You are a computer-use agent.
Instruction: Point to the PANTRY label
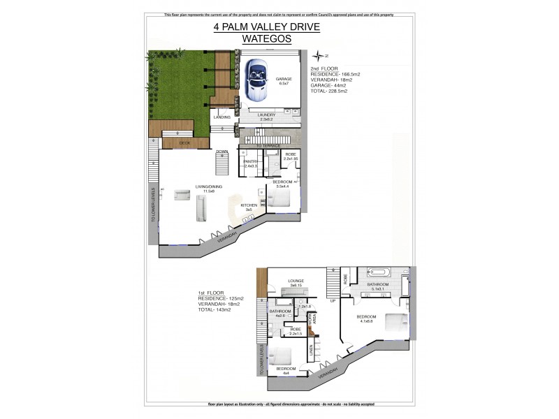click(251, 162)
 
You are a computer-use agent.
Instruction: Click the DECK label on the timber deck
click(184, 142)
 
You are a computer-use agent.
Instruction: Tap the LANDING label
click(222, 117)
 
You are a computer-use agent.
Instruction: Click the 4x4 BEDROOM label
click(285, 369)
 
